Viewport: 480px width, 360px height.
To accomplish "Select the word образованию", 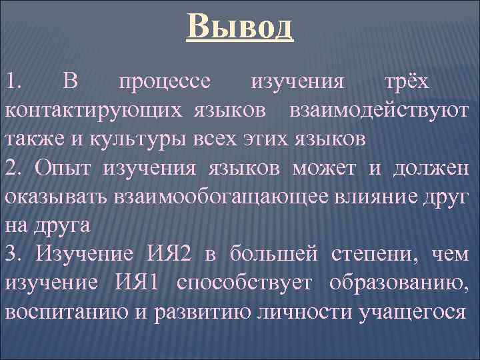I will click(399, 283).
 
